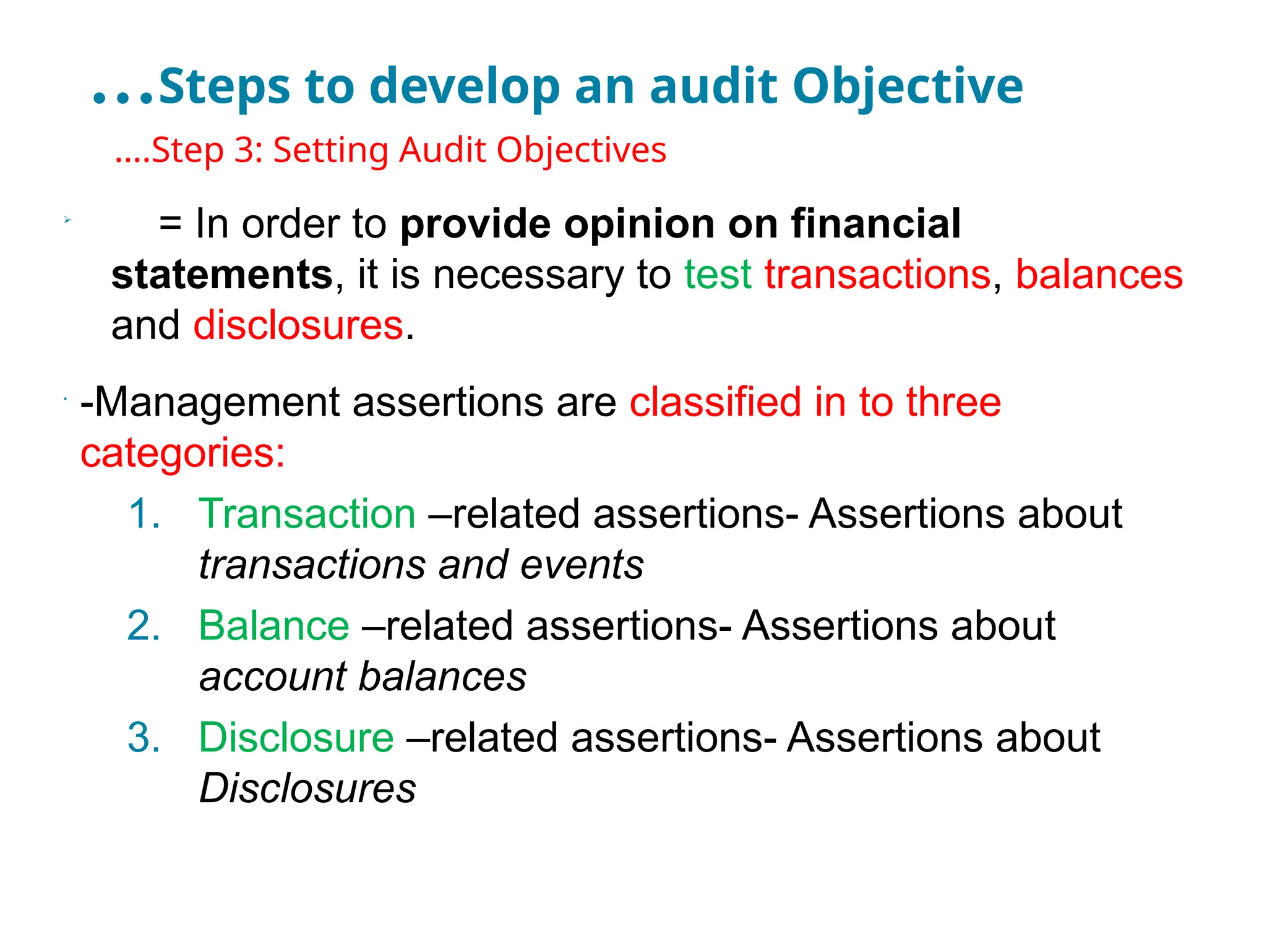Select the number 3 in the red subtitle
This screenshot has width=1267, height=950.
tap(244, 150)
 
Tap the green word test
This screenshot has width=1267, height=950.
tap(718, 275)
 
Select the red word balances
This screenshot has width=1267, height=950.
tap(1099, 275)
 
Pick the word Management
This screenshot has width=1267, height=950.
tap(217, 403)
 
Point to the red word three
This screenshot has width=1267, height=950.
tap(953, 403)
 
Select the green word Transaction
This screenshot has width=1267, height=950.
tap(307, 514)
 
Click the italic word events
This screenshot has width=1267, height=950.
tap(582, 565)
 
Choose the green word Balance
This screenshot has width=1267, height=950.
tap(273, 626)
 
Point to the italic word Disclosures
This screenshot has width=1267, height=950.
tap(307, 789)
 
